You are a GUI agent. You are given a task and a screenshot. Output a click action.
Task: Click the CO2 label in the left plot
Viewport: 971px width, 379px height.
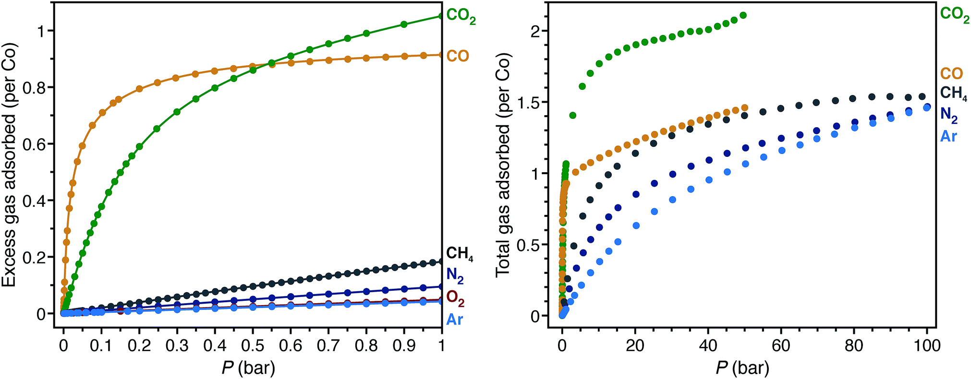[x=461, y=16]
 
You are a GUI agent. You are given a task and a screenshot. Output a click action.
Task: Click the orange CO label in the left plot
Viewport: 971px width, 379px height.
[x=457, y=56]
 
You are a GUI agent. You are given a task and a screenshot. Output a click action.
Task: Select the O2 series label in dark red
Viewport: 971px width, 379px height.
[x=455, y=298]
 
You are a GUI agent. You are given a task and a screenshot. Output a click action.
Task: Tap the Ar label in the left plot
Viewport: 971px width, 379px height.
[x=454, y=319]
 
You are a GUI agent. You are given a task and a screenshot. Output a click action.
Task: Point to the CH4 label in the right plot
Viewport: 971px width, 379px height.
[x=953, y=94]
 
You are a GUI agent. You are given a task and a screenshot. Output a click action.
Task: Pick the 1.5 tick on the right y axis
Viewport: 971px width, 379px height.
[x=528, y=102]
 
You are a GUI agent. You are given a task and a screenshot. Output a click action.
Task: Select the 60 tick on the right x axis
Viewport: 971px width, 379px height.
[x=781, y=346]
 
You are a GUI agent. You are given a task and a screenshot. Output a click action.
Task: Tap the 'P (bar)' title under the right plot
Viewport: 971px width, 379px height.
[x=742, y=368]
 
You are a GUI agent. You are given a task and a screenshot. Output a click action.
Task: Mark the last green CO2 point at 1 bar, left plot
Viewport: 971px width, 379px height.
[x=441, y=16]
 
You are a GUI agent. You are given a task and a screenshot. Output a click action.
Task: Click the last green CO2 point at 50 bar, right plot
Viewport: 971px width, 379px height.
[x=743, y=15]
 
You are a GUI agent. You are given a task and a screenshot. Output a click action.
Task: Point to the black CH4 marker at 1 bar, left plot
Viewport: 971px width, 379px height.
[x=441, y=262]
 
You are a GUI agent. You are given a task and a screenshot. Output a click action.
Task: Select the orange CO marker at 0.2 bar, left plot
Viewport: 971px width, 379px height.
[x=139, y=89]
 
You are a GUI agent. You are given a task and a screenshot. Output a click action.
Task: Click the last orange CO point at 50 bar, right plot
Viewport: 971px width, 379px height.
[x=745, y=108]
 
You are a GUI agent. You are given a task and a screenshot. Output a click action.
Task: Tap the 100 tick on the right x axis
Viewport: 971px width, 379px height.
[x=927, y=346]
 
